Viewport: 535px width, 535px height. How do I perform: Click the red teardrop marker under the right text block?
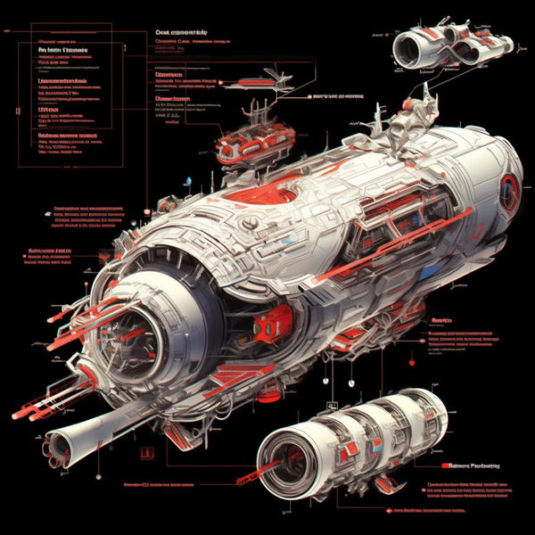point(412,362)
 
